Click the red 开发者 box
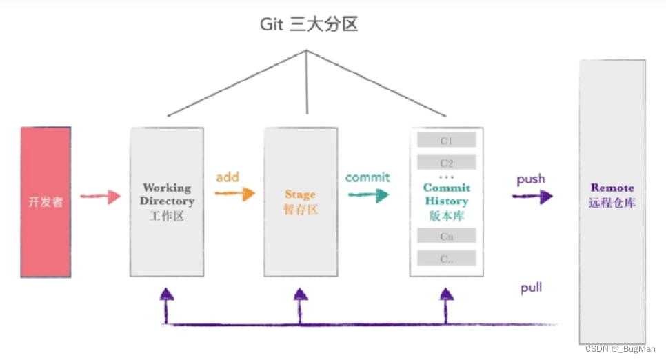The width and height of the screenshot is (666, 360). [46, 202]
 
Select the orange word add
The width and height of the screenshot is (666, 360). [228, 177]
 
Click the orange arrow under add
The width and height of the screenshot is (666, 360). [234, 194]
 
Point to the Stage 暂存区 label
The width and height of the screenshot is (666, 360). [300, 201]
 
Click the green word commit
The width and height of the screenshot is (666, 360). [367, 177]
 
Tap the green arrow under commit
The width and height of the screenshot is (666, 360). [368, 195]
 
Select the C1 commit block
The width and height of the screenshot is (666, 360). [446, 140]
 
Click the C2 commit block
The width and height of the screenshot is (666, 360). [446, 163]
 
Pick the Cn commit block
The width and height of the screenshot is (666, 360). [446, 236]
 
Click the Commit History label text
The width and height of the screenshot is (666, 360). [446, 194]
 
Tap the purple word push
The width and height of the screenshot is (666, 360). [531, 179]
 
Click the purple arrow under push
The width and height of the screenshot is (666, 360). [532, 197]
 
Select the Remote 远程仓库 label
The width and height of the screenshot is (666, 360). [612, 195]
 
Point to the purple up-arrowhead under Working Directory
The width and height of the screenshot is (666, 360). [166, 294]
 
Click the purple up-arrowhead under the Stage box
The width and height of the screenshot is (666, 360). [300, 294]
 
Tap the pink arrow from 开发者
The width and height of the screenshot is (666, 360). [101, 197]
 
